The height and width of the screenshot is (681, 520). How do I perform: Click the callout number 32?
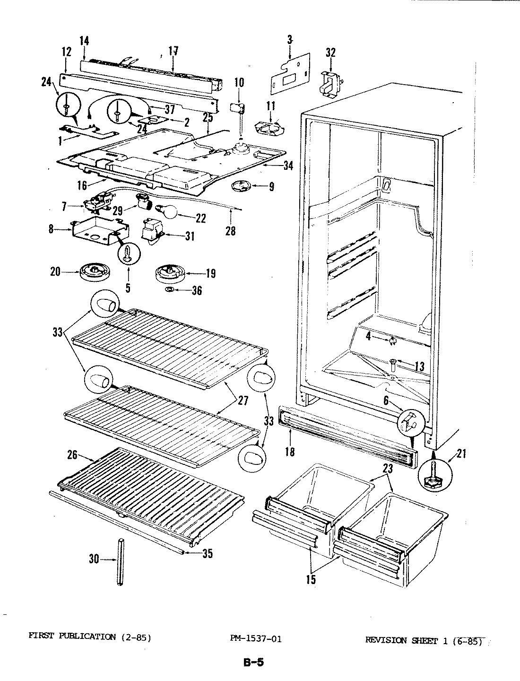click(x=330, y=52)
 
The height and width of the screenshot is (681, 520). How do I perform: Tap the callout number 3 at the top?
click(x=289, y=40)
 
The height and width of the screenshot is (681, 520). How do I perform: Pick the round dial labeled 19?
click(x=170, y=273)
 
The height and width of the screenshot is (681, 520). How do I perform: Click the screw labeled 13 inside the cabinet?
click(x=392, y=364)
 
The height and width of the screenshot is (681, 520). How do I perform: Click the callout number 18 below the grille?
click(x=290, y=451)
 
